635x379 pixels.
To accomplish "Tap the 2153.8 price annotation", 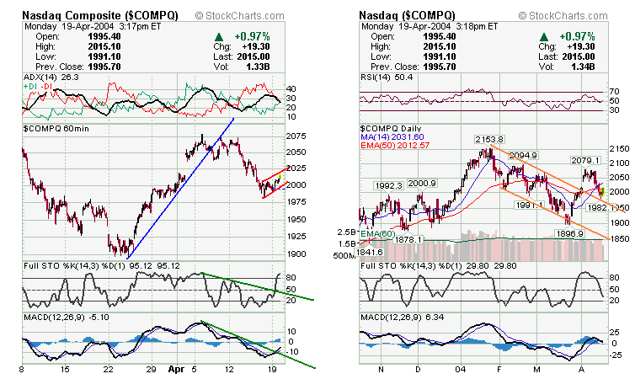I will (488, 139).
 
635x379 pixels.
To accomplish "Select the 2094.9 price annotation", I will (523, 155).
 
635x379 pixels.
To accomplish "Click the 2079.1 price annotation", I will (584, 160).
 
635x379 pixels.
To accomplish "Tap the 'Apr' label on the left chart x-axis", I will (174, 369).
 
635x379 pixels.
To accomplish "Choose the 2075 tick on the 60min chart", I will (295, 136).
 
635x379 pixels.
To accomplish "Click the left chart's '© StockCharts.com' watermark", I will (242, 15).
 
